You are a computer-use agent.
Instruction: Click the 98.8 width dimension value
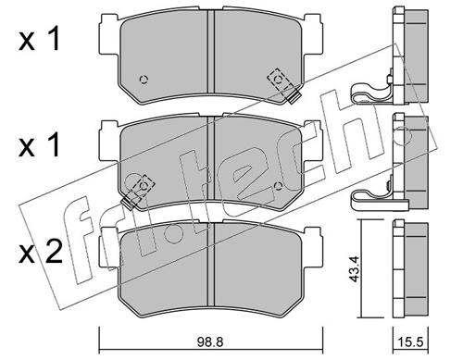210,341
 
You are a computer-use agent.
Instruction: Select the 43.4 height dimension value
354,268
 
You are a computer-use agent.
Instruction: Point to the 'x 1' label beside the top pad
39,41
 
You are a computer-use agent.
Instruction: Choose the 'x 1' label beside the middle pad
39,146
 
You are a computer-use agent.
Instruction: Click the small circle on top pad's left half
144,80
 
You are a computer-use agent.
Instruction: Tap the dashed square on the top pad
281,80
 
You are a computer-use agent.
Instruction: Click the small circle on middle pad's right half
278,186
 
